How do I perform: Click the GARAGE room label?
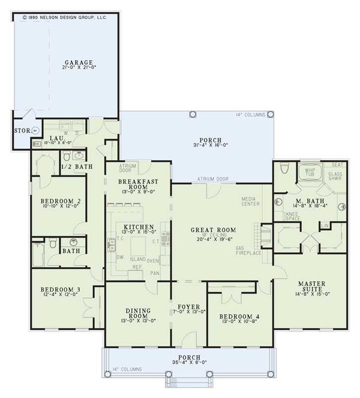(x=80, y=62)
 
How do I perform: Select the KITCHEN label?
(x=139, y=227)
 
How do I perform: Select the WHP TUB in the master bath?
(x=310, y=172)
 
